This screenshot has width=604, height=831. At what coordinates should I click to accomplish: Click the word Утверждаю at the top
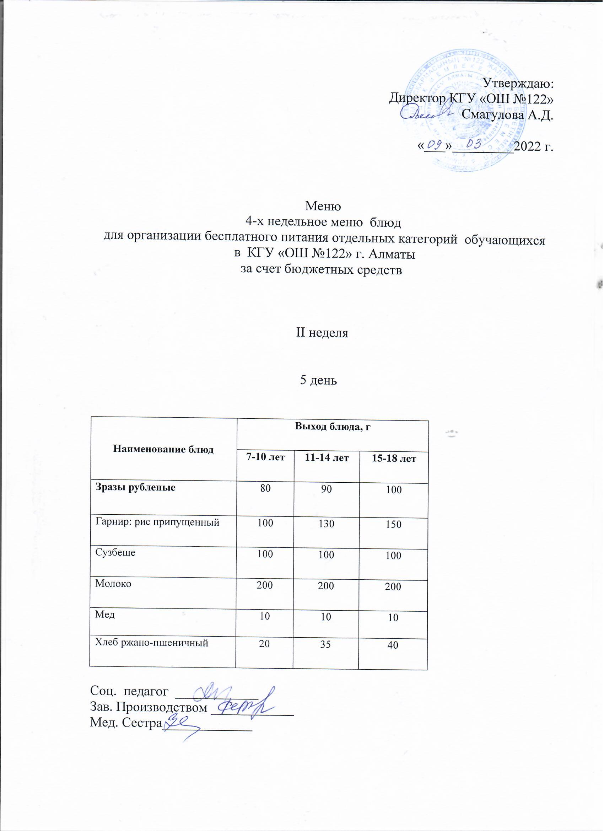click(518, 84)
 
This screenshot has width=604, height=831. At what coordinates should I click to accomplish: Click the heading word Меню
click(323, 206)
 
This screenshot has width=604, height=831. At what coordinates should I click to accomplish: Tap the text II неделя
click(322, 333)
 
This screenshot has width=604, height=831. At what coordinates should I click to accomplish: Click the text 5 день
click(319, 380)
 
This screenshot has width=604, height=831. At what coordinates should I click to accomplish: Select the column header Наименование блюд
click(163, 449)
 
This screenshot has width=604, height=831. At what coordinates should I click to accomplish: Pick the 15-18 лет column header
click(394, 459)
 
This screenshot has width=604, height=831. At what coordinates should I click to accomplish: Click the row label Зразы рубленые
click(135, 487)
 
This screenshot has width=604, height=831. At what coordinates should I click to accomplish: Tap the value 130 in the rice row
click(326, 524)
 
